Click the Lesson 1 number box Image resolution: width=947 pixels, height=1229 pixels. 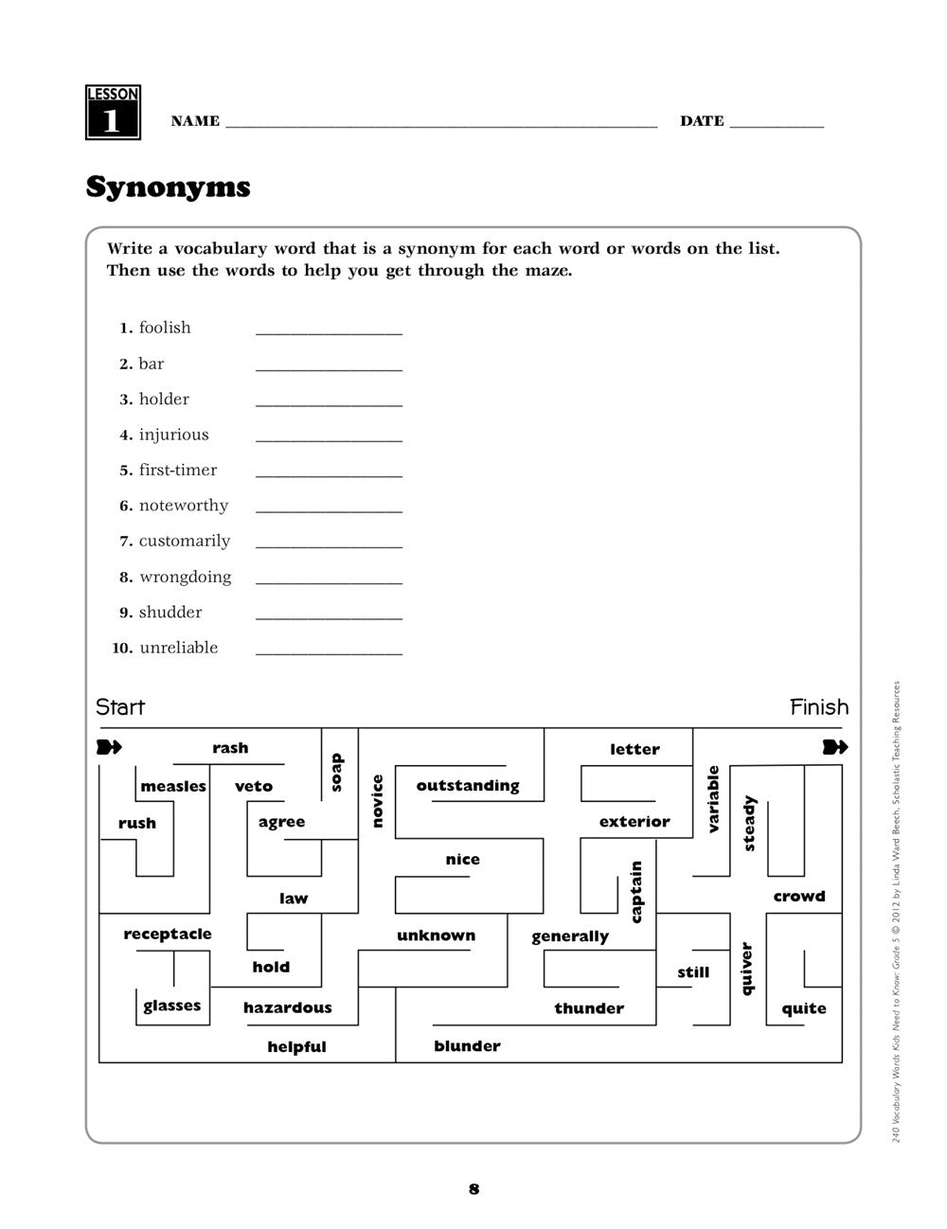113,113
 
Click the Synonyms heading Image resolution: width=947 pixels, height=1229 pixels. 168,187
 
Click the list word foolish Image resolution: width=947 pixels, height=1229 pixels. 165,328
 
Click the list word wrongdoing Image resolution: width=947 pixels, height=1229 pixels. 185,577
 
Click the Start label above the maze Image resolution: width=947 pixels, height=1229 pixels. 120,707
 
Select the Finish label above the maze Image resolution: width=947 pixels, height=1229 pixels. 819,707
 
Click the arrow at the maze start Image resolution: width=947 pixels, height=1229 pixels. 110,748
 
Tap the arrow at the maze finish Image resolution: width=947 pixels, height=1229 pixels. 834,748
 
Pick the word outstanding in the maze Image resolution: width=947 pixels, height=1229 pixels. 468,786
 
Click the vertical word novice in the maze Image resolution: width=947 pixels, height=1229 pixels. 377,801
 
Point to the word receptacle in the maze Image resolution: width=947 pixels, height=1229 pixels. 168,935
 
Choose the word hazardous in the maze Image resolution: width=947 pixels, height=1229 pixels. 287,1008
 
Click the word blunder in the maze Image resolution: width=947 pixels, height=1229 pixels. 467,1046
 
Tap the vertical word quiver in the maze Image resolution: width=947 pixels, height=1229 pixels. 746,969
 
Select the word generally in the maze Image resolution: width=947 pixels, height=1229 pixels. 569,937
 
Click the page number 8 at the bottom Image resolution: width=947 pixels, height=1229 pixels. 473,1189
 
